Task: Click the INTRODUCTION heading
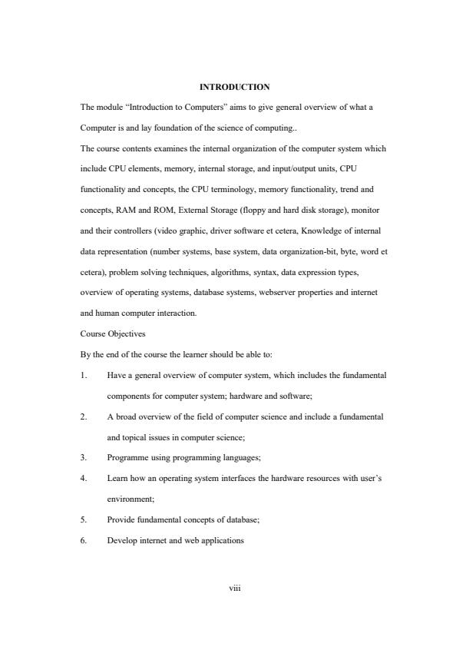(x=234, y=87)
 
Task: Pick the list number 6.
(x=83, y=540)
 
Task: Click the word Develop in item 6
(x=124, y=540)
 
